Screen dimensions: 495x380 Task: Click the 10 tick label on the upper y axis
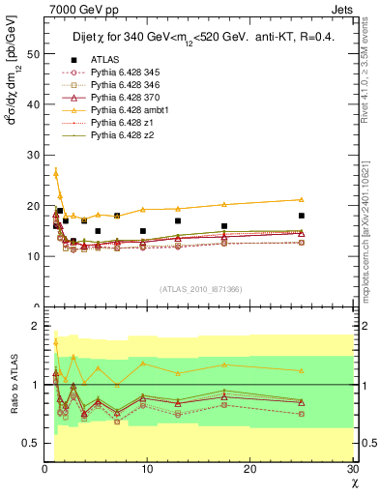tap(33, 256)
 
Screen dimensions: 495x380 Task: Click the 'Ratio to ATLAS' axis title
tap(12, 387)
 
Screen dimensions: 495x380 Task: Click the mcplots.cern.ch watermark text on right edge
tap(372, 242)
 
